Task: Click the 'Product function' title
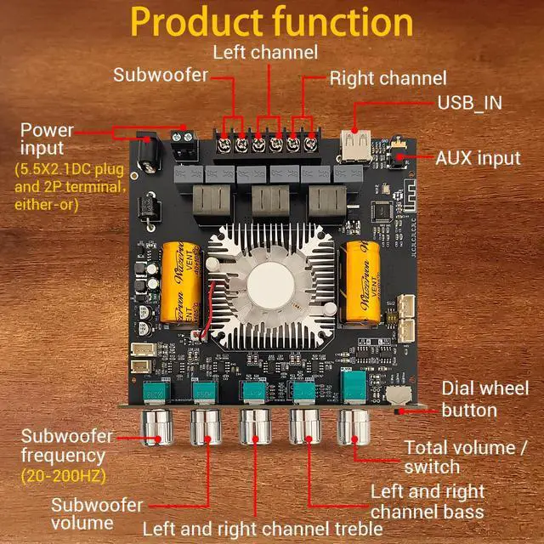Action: [x=272, y=23]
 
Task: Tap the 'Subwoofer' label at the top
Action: [x=161, y=75]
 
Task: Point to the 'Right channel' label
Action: [x=388, y=78]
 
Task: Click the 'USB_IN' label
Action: [x=469, y=103]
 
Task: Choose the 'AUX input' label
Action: [x=478, y=158]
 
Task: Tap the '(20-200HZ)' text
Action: [x=57, y=474]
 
